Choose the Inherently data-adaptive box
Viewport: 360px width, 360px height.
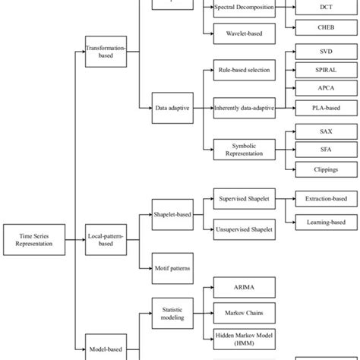pos(244,109)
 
